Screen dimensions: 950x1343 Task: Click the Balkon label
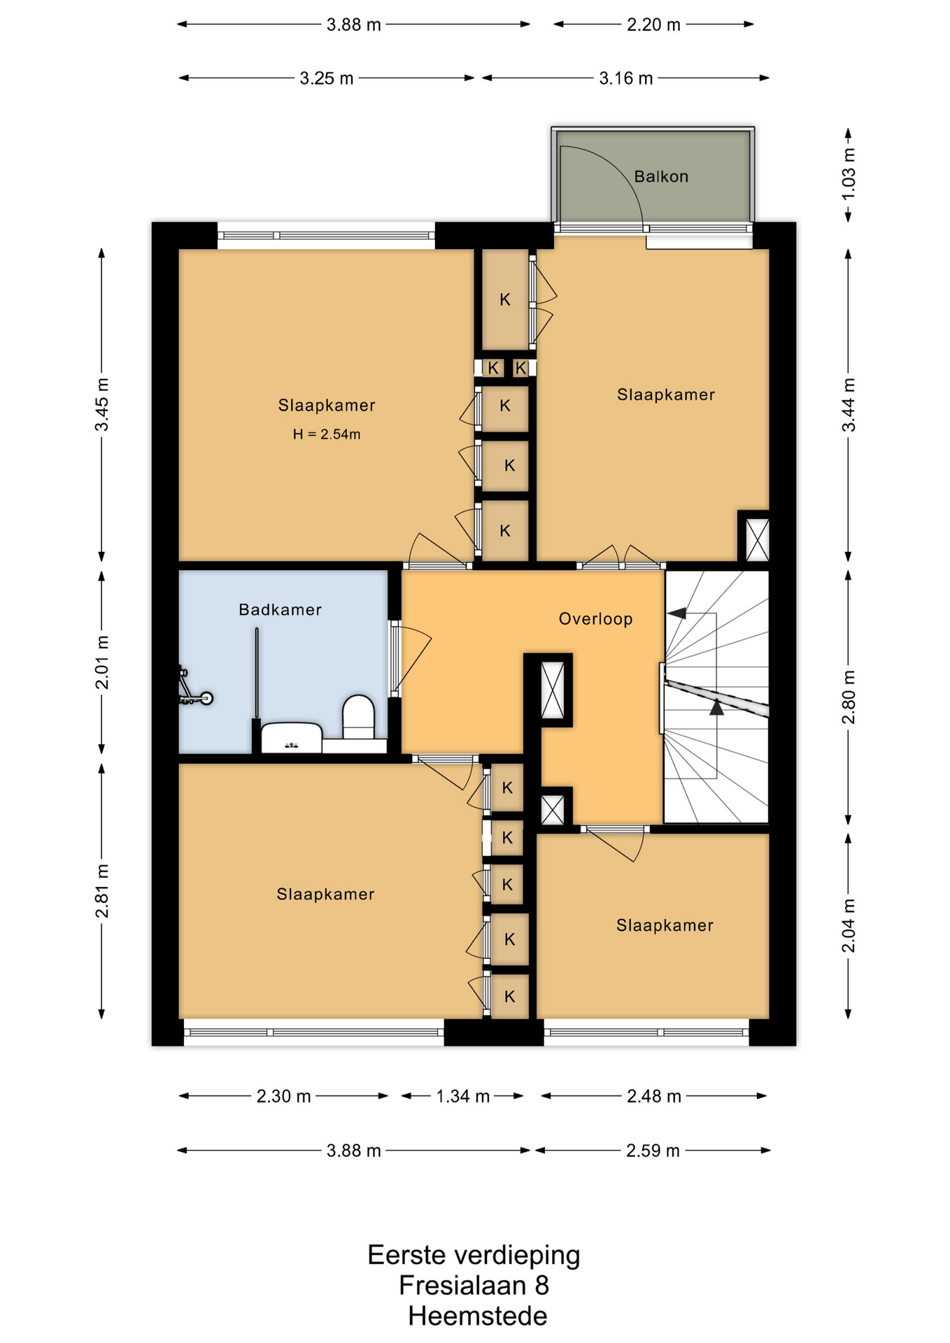pos(661,176)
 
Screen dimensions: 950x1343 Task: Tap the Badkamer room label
pos(280,609)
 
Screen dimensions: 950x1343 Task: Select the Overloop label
pos(595,618)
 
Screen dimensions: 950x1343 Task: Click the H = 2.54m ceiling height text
pos(327,434)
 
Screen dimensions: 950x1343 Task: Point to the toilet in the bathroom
pos(358,717)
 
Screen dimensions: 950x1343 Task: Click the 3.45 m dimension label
pos(102,404)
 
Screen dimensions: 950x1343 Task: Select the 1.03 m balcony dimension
pos(849,174)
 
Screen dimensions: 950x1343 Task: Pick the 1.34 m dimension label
pos(462,1096)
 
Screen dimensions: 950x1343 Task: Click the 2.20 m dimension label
pos(653,24)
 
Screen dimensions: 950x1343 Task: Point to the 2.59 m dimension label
pos(653,1151)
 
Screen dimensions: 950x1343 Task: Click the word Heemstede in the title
pos(478,1316)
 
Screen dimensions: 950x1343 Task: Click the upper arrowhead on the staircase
pos(676,613)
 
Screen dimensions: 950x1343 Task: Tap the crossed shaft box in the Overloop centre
pos(553,690)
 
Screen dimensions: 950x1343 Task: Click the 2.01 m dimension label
pos(102,662)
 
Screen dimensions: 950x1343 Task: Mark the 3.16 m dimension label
pos(625,78)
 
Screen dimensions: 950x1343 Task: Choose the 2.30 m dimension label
pos(283,1096)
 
